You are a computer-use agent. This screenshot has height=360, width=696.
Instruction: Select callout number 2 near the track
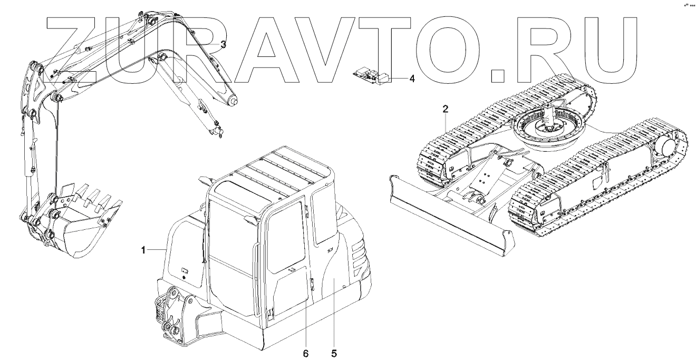pos(446,109)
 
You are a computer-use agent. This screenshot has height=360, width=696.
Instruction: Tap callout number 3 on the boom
pos(223,45)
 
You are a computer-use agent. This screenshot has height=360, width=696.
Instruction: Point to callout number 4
pos(412,79)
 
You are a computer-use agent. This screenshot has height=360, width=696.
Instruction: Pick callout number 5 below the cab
pos(334,352)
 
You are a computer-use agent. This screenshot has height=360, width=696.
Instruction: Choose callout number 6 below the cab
pos(306,352)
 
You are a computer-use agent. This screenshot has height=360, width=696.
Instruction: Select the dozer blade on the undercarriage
pos(448,216)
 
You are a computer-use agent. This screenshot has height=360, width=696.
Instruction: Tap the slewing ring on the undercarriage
pos(548,127)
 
